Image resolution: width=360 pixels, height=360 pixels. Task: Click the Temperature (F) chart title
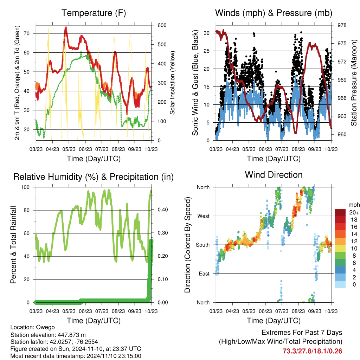(94, 13)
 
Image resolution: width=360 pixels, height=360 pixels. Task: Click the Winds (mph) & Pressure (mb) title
(274, 13)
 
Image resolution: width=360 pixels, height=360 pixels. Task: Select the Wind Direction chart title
(274, 175)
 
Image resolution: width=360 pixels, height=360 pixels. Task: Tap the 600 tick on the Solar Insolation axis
(162, 25)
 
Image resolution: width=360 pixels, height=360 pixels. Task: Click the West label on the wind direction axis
(203, 216)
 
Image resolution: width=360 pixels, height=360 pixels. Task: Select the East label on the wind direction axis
(204, 274)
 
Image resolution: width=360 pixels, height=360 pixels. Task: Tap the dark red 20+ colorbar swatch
(340, 212)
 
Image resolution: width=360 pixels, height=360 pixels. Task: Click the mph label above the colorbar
(354, 205)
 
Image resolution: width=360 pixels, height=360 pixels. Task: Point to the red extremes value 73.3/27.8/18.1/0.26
(312, 351)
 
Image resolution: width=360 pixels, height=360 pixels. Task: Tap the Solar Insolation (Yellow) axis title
(172, 83)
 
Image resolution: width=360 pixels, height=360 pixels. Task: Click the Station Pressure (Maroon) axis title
(354, 83)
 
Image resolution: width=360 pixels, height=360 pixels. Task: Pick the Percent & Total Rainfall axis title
(13, 245)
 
